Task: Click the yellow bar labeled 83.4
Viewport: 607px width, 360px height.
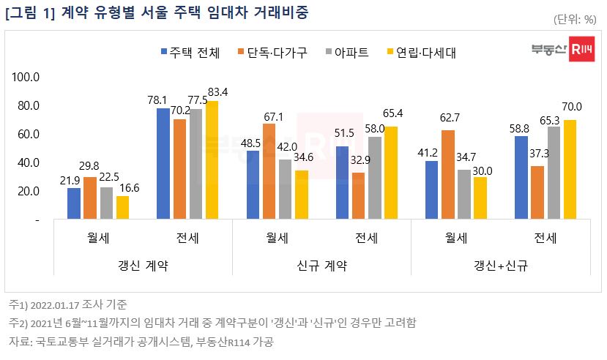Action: coord(212,160)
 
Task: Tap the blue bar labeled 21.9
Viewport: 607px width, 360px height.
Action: coord(73,203)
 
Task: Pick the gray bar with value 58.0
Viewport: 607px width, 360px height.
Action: coord(375,179)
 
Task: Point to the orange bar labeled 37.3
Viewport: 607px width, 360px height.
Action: coord(537,192)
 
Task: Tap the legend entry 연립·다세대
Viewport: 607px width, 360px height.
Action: coord(424,52)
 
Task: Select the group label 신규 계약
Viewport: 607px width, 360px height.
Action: coord(321,265)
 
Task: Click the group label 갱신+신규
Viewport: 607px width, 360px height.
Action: coord(501,265)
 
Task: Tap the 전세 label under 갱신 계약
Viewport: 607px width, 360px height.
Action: coord(187,239)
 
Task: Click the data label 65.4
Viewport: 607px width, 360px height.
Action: coord(392,113)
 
